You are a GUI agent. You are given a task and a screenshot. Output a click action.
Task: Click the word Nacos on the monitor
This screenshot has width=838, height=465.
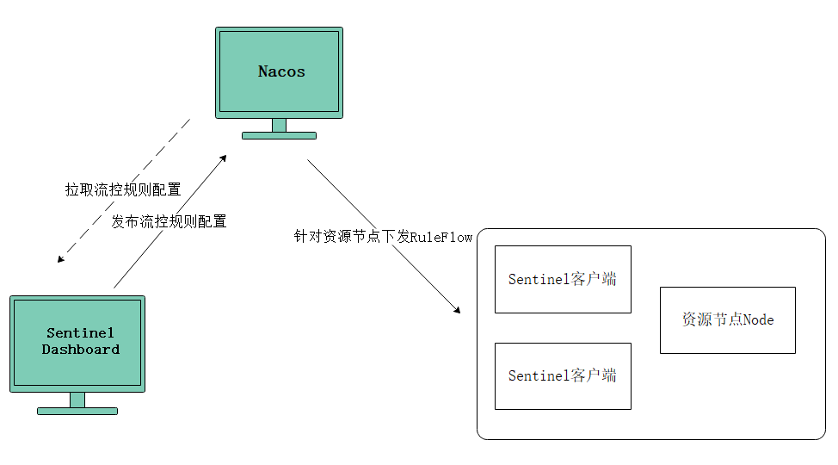pyautogui.click(x=281, y=71)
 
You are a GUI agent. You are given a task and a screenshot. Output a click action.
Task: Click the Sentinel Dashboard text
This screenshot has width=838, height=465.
pyautogui.click(x=80, y=341)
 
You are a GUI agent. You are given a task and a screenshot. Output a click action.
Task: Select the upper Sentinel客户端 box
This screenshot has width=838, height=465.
pyautogui.click(x=563, y=279)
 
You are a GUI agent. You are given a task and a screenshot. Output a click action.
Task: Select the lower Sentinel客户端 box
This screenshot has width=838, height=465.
pyautogui.click(x=563, y=376)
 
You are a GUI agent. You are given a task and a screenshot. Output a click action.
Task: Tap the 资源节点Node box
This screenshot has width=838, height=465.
pyautogui.click(x=727, y=320)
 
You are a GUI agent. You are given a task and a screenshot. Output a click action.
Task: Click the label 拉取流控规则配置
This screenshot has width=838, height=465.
pyautogui.click(x=123, y=189)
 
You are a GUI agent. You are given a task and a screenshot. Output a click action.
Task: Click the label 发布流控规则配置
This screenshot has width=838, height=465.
pyautogui.click(x=169, y=221)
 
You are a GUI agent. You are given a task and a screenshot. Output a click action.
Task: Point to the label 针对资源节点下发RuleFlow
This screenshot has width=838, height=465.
pyautogui.click(x=383, y=237)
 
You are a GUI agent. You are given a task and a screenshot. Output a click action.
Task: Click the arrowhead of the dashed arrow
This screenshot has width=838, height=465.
pyautogui.click(x=60, y=259)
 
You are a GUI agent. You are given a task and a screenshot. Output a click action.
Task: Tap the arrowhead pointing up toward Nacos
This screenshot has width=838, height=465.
pyautogui.click(x=224, y=158)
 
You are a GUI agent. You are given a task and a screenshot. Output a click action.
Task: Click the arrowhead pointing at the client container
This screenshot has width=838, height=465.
pyautogui.click(x=457, y=310)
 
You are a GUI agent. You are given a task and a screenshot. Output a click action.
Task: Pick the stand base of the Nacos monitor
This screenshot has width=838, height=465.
pyautogui.click(x=279, y=135)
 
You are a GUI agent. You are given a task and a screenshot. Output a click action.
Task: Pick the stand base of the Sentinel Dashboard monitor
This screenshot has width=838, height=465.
pyautogui.click(x=77, y=411)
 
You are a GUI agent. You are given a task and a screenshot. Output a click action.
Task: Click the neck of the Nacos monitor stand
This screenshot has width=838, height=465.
pyautogui.click(x=279, y=125)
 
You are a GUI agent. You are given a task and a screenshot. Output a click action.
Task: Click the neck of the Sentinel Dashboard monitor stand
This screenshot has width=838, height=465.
pyautogui.click(x=77, y=400)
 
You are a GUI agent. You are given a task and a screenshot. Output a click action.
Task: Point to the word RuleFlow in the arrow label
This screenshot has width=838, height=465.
pyautogui.click(x=441, y=237)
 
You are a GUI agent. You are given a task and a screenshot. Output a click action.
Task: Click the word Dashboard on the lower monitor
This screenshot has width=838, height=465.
pyautogui.click(x=81, y=350)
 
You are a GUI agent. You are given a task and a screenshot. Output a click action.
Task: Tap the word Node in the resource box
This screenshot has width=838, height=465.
pyautogui.click(x=758, y=320)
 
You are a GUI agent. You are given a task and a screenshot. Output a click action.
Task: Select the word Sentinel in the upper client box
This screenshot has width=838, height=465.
pyautogui.click(x=539, y=279)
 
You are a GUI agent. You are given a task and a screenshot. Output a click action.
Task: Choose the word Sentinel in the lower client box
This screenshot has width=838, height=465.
pyautogui.click(x=539, y=376)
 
